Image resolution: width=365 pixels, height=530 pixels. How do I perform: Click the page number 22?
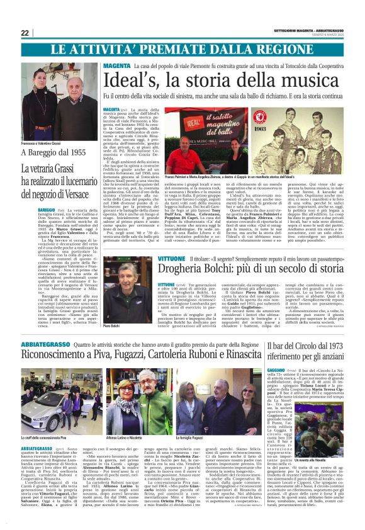[x=25, y=33]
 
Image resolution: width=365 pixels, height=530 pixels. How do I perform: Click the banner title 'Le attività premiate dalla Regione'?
[x=182, y=50]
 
